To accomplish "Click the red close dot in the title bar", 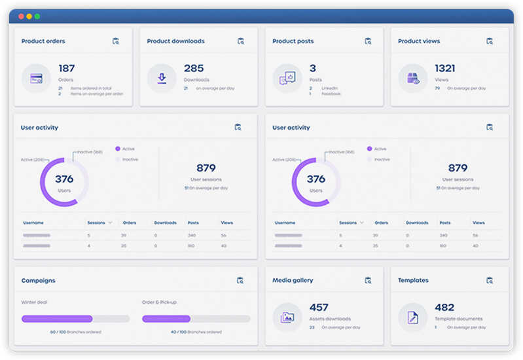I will click(21, 16).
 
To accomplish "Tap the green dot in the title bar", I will click(37, 16).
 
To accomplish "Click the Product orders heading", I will click(43, 41).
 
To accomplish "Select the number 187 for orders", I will click(67, 68).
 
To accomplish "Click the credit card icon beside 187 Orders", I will click(36, 79).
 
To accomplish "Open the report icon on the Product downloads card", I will click(241, 41).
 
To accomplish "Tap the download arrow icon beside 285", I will click(161, 79).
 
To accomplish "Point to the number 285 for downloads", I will click(194, 68).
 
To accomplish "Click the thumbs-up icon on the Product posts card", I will click(287, 79).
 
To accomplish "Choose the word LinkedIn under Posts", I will click(330, 88).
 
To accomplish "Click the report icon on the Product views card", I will click(490, 41).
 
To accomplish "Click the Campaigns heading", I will click(38, 281).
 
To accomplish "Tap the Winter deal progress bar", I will click(75, 319).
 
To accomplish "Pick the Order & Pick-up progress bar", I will click(196, 319).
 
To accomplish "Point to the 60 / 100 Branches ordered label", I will click(75, 332).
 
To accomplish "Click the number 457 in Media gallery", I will click(319, 308).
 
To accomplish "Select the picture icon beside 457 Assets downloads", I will click(287, 317).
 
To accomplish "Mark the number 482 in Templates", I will click(444, 308).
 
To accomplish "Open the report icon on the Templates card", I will click(490, 280).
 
